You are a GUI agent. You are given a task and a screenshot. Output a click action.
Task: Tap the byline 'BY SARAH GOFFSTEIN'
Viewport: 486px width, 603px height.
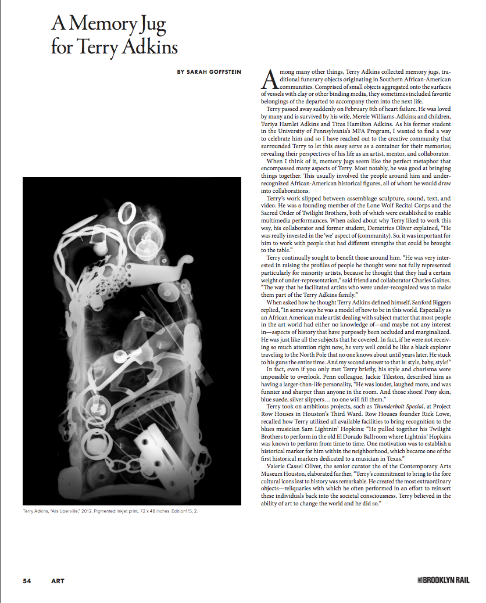coord(210,72)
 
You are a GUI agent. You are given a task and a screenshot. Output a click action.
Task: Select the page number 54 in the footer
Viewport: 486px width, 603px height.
coord(27,580)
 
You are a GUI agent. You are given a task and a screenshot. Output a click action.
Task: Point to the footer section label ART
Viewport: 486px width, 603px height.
coord(58,580)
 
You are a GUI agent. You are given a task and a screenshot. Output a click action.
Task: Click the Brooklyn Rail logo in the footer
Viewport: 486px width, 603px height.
coord(442,580)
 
